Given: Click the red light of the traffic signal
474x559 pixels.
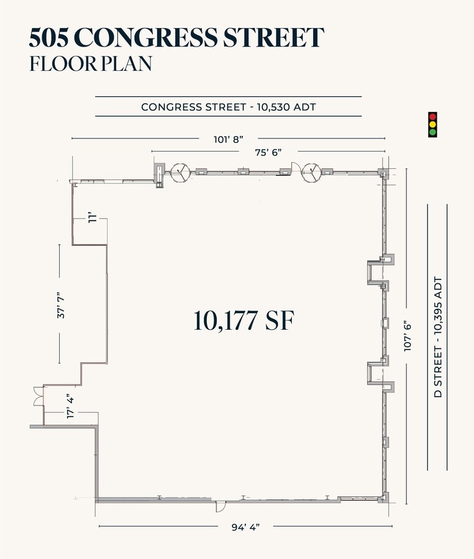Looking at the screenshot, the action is point(432,117).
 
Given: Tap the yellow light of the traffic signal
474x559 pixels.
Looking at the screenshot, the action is point(432,124).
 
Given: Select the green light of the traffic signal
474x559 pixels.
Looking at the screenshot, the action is point(432,132).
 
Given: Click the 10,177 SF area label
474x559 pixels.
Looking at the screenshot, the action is point(244,320).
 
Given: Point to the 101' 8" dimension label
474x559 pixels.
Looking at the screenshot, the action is point(228,139).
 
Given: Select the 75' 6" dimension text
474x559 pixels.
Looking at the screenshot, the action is point(268,152).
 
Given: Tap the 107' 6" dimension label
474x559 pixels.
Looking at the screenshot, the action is point(408,337).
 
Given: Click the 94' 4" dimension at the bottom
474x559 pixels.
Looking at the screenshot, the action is point(245,527).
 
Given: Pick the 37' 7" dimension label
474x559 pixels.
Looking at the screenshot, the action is point(62,305).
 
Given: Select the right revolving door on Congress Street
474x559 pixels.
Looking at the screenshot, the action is point(311,173).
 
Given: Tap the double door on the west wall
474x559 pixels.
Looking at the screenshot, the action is point(39,396).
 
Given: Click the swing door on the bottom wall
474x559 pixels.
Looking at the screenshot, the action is point(221,506).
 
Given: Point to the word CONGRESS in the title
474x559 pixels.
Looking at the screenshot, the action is point(146,37).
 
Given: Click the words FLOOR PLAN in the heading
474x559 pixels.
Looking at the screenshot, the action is point(91,64).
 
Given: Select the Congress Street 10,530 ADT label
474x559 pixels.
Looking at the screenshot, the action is point(229,107).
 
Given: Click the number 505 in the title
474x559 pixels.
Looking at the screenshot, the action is point(49,37).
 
